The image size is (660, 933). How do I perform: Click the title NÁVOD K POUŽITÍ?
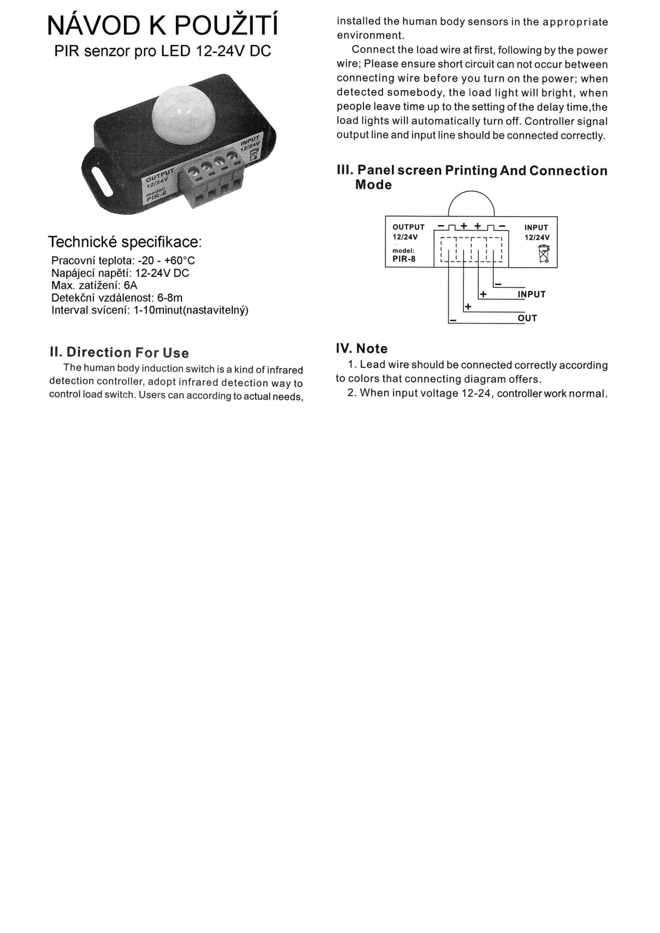pyautogui.click(x=162, y=25)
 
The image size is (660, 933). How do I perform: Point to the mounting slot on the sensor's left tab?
pyautogui.click(x=102, y=181)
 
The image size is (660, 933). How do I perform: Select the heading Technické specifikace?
pyautogui.click(x=125, y=242)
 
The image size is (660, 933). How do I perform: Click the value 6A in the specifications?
pyautogui.click(x=131, y=286)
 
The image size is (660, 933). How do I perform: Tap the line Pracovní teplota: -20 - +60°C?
pyautogui.click(x=123, y=260)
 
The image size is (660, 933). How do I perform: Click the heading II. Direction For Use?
pyautogui.click(x=119, y=352)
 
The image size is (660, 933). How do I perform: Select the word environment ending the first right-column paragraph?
pyautogui.click(x=370, y=36)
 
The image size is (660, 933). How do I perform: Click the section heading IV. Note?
pyautogui.click(x=362, y=349)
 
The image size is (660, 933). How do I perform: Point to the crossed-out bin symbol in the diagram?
pyautogui.click(x=544, y=255)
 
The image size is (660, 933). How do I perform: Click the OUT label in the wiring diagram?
pyautogui.click(x=527, y=318)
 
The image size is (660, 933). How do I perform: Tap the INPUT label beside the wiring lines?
pyautogui.click(x=531, y=294)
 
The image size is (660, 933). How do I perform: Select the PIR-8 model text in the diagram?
pyautogui.click(x=404, y=259)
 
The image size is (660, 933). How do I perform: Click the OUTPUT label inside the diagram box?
pyautogui.click(x=409, y=227)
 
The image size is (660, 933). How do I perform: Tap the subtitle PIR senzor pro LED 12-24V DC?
pyautogui.click(x=163, y=52)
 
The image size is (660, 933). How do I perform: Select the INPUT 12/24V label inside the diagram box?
pyautogui.click(x=536, y=232)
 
